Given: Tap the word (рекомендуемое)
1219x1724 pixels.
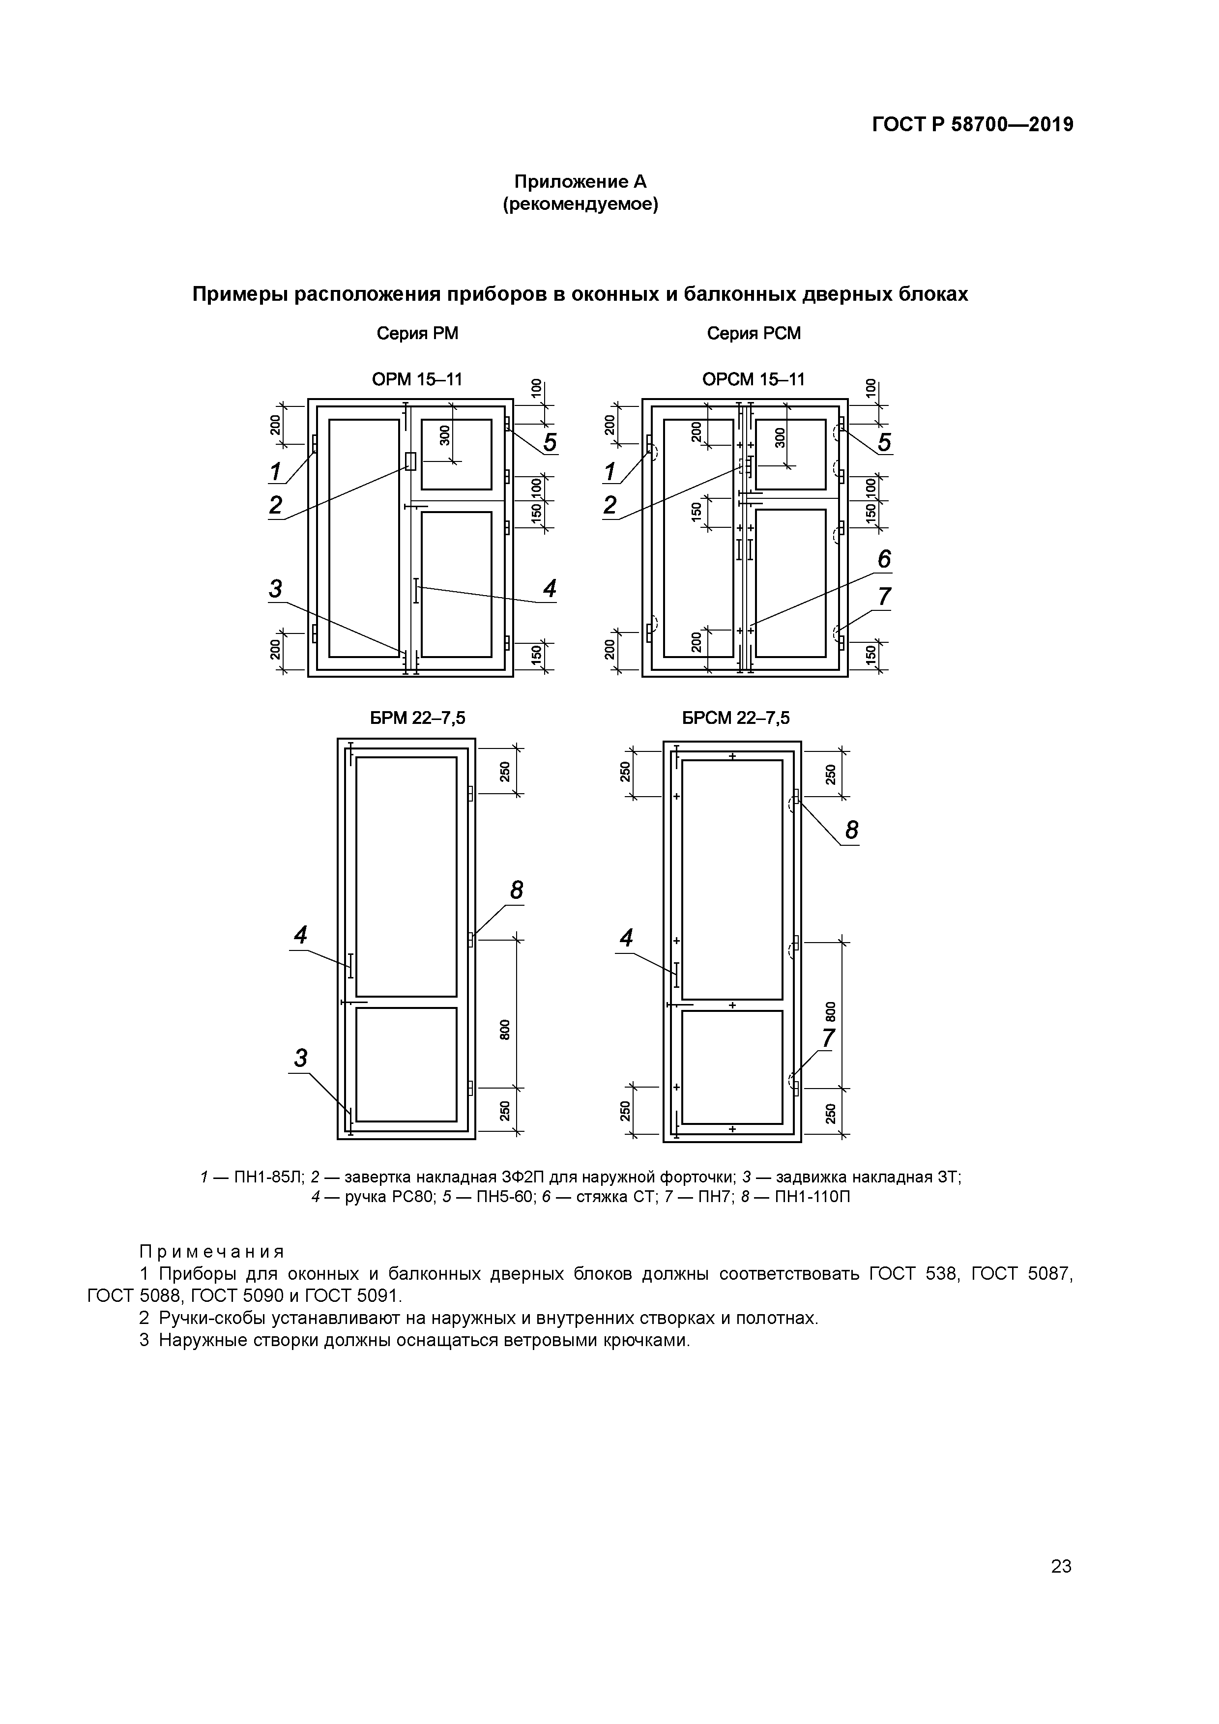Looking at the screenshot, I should tap(580, 204).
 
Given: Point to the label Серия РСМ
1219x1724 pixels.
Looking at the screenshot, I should tap(754, 333).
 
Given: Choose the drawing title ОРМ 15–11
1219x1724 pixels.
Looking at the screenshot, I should tap(417, 379).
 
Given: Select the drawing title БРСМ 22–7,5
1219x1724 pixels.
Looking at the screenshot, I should tap(735, 718).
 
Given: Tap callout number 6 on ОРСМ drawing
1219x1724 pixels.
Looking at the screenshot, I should tap(884, 559).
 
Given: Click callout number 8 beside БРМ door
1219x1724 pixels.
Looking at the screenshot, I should tap(516, 891).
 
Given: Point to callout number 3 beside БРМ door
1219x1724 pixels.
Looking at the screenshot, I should tap(300, 1058).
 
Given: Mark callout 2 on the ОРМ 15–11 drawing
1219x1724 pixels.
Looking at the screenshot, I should tap(276, 505).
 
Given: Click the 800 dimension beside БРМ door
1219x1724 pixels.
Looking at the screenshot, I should tap(505, 1030).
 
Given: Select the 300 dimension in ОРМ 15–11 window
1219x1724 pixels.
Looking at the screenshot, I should tap(445, 435).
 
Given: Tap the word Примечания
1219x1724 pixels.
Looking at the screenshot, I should tap(212, 1252).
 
